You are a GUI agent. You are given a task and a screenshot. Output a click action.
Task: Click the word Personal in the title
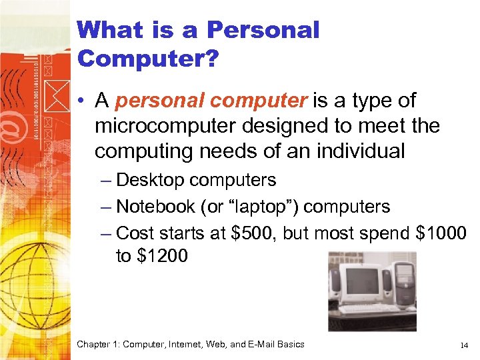click(x=263, y=30)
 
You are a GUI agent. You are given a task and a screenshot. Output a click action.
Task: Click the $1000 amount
click(x=441, y=233)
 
